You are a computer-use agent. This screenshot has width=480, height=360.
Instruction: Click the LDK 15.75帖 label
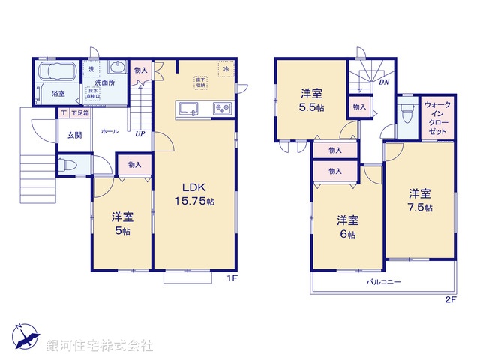[x=196, y=194]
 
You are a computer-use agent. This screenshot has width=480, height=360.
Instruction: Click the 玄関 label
[x=74, y=136]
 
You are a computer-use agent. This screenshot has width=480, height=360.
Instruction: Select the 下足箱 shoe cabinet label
[x=80, y=113]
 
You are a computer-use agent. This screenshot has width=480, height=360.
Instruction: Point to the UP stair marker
[x=140, y=135]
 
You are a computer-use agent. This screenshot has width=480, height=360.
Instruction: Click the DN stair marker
[x=383, y=82]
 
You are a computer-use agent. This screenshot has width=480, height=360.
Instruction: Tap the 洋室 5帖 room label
[x=122, y=224]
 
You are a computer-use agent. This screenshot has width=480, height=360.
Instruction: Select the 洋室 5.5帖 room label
[x=311, y=100]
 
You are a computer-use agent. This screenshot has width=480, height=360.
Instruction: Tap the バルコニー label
[x=383, y=283]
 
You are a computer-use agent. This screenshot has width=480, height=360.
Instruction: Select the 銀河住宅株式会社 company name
[x=100, y=346]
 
